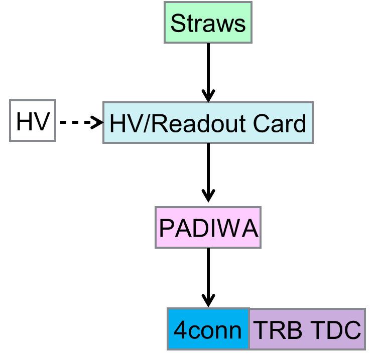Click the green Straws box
208,24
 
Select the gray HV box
32,121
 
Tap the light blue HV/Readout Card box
208,123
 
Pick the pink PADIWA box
208,228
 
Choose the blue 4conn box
208,329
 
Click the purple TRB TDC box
307,329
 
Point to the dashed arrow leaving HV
78,122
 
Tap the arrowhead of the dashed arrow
97,122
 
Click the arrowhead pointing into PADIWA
208,196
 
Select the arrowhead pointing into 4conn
208,300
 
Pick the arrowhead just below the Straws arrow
208,95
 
